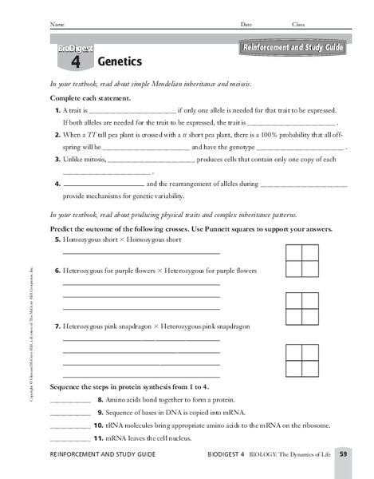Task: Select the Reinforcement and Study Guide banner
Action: (290, 49)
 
